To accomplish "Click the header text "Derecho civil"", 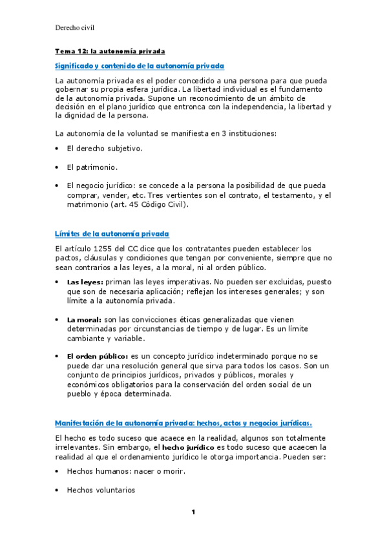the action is pos(76,27).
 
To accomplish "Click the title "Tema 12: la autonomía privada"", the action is pos(110,50).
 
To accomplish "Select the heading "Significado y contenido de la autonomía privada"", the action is pos(140,66).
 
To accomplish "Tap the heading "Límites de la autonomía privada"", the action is pos(112,233).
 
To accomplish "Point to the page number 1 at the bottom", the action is pos(193,512).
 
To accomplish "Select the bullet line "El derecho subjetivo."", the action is pos(105,149).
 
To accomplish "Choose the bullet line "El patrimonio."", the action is pos(92,167).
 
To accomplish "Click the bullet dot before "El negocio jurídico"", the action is pos(58,185).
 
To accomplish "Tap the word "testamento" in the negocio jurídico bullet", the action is pos(288,195).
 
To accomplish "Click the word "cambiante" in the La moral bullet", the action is pos(87,338).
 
